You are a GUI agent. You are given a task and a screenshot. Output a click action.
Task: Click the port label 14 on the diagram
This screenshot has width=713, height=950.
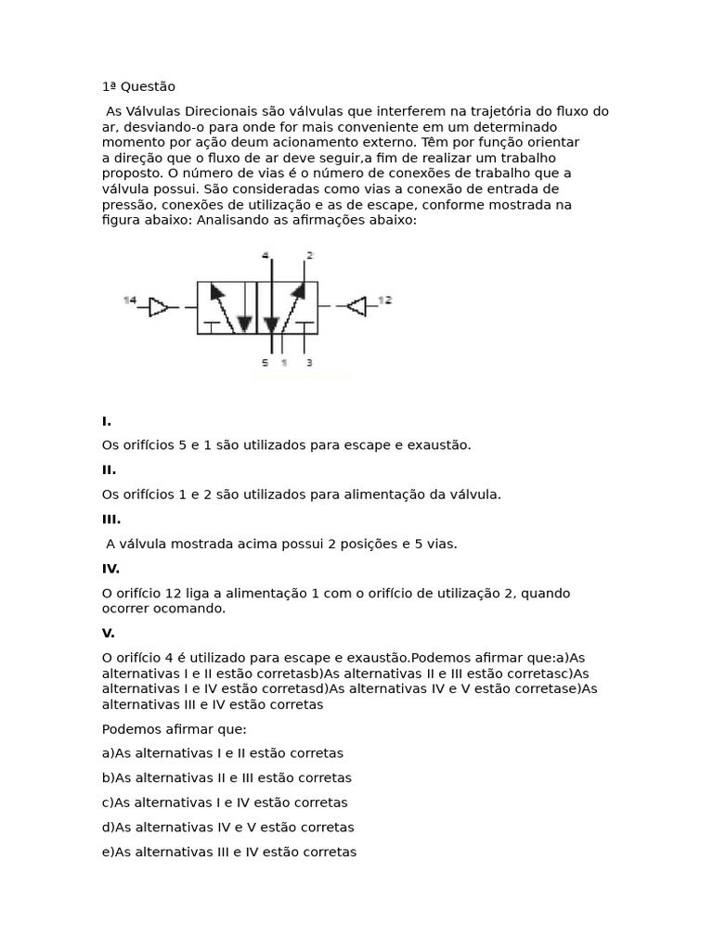coord(129,300)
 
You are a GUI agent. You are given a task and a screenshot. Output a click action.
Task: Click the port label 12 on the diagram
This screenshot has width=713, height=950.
coord(385,300)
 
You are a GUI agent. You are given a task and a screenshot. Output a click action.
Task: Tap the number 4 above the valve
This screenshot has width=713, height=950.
coord(265,254)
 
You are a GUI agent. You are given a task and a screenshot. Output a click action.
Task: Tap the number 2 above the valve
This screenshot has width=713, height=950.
coord(309,254)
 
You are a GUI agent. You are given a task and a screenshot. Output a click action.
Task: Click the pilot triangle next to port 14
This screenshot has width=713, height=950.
coord(159,306)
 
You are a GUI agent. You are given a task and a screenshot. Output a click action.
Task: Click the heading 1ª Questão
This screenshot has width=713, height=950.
coord(138,86)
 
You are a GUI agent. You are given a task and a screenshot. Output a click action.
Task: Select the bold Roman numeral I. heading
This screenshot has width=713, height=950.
coord(107,420)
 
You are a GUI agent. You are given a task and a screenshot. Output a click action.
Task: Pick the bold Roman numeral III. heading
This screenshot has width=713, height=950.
coord(111,520)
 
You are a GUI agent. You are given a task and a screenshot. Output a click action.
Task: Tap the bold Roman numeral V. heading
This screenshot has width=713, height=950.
coord(109,633)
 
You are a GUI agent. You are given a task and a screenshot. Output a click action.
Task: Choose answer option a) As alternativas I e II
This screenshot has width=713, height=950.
coord(223,753)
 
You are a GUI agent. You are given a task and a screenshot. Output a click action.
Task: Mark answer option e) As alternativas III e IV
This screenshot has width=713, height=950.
coord(229,852)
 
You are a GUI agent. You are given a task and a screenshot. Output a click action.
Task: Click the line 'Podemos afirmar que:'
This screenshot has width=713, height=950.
coord(175,728)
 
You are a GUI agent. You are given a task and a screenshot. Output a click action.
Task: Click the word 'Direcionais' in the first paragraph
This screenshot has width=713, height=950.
coord(219,111)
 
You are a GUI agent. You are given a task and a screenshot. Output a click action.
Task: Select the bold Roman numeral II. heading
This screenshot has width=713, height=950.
coord(109,469)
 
